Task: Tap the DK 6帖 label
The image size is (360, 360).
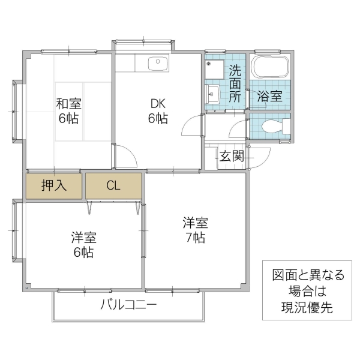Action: (x=158, y=110)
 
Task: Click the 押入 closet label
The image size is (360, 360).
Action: (x=53, y=185)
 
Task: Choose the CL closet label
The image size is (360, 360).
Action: (x=113, y=185)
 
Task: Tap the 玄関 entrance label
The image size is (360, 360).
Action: (x=231, y=157)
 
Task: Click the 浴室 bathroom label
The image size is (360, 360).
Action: (x=269, y=96)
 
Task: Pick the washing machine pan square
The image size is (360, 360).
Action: (x=214, y=68)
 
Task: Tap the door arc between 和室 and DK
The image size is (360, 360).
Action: (x=125, y=157)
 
